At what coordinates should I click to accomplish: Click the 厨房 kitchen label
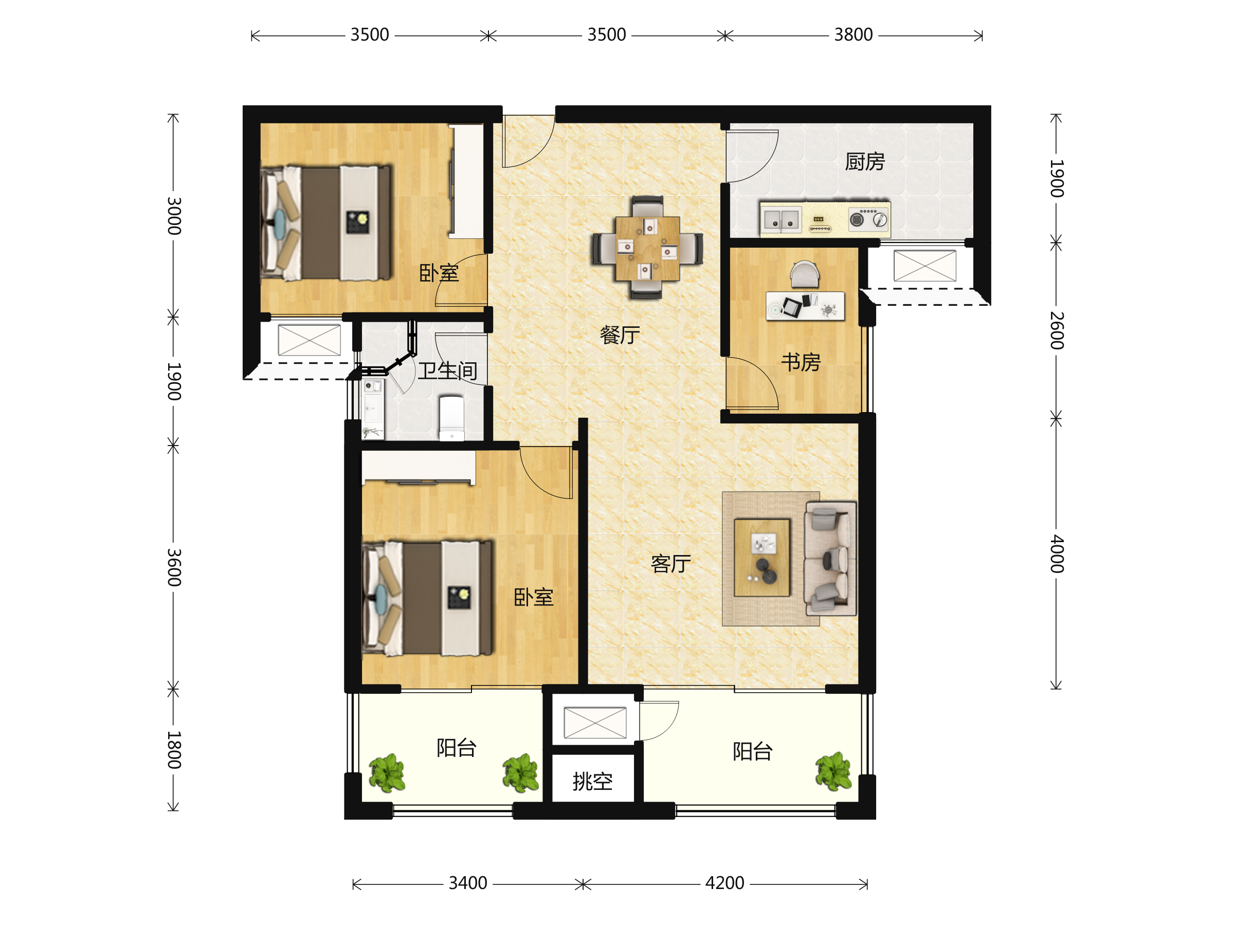point(865,162)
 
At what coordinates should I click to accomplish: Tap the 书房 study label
point(801,362)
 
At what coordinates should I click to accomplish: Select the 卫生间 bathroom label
point(448,371)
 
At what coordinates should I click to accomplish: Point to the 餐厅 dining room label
point(620,335)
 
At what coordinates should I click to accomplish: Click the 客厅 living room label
point(671,564)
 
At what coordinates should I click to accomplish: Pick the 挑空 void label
point(592,781)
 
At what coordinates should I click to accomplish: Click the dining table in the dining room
point(648,249)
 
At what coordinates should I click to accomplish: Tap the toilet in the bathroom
point(452,418)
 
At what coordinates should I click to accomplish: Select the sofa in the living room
point(830,558)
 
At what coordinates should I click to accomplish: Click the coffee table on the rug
point(762,558)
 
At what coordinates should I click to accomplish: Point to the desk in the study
point(805,306)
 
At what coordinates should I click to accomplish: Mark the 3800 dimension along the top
point(853,34)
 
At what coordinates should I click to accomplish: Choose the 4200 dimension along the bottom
point(724,883)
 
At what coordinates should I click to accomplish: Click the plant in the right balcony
point(833,772)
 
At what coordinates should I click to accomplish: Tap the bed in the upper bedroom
point(326,223)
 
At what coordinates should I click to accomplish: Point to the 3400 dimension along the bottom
point(468,883)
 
